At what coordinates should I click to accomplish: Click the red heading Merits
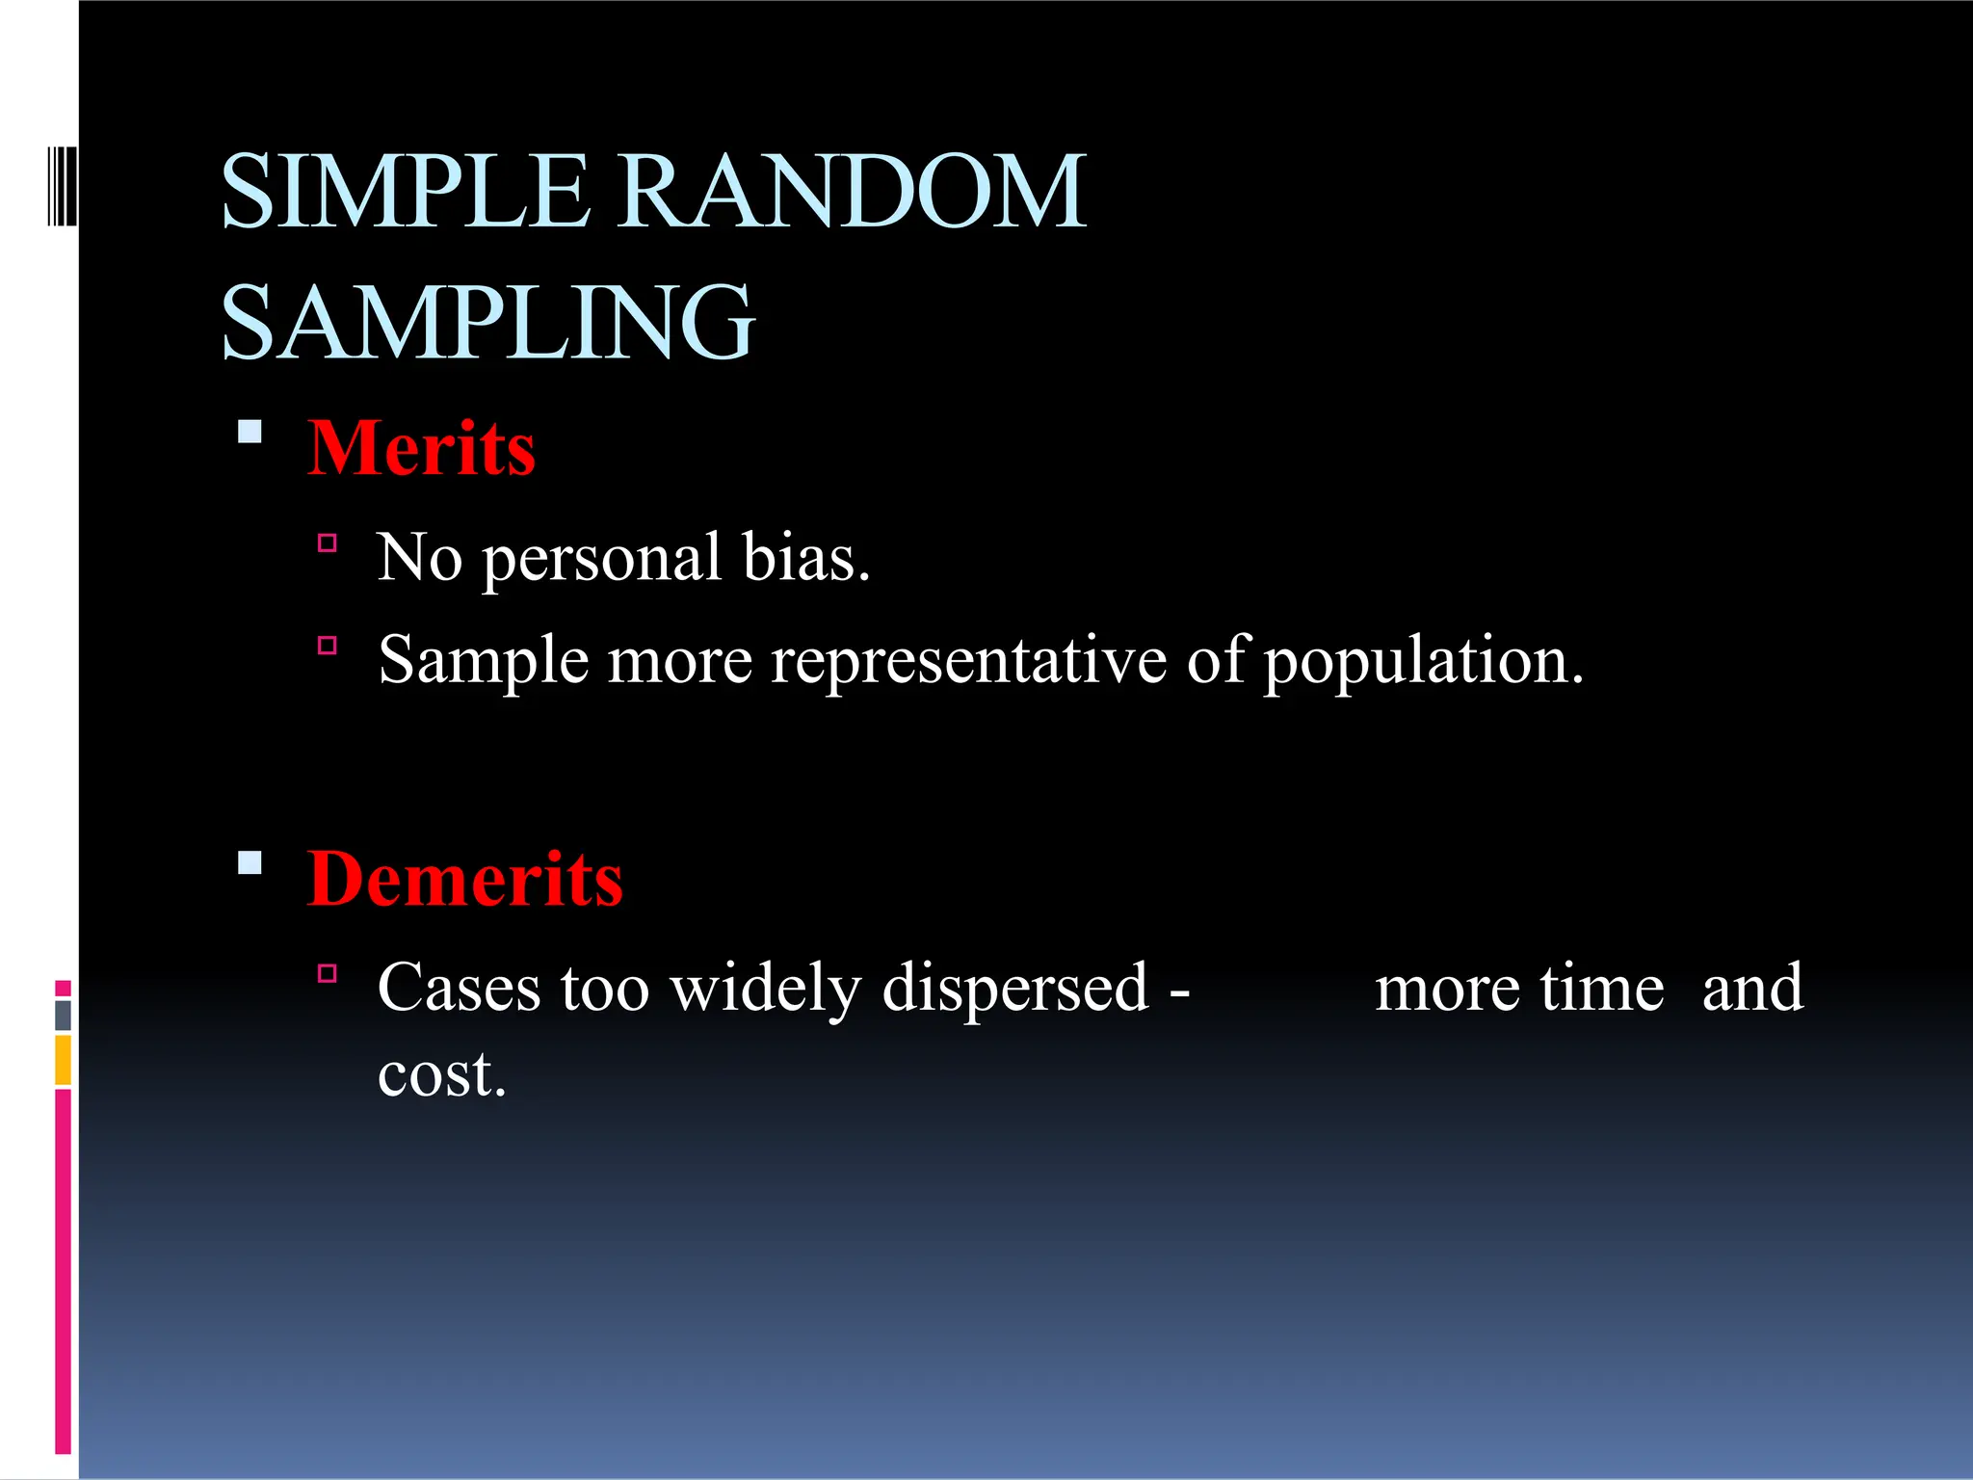tap(421, 448)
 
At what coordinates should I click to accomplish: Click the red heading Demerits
tap(464, 879)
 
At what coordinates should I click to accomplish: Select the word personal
tap(601, 559)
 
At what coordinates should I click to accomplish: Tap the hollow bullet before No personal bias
tap(328, 543)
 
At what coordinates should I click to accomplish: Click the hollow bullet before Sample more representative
tap(328, 646)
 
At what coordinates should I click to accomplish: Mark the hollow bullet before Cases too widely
tap(328, 973)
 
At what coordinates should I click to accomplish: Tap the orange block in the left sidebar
tap(63, 1060)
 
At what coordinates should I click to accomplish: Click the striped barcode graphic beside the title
tap(62, 185)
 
